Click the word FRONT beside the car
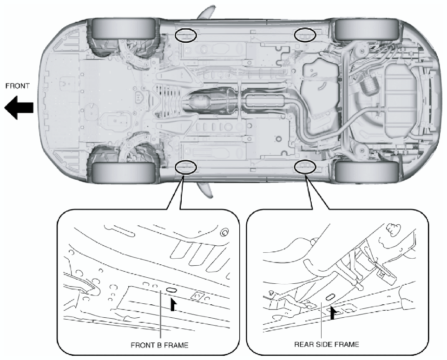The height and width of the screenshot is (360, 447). pyautogui.click(x=18, y=86)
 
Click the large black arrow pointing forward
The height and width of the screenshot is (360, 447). pyautogui.click(x=19, y=107)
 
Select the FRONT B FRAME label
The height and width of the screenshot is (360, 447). pyautogui.click(x=160, y=345)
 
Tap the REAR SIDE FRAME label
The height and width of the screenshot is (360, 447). pyautogui.click(x=326, y=344)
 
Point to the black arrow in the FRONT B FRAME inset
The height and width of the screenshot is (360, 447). pyautogui.click(x=173, y=304)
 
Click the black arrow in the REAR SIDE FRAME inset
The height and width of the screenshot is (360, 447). pyautogui.click(x=333, y=313)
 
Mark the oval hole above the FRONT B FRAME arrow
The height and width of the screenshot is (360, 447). pyautogui.click(x=171, y=290)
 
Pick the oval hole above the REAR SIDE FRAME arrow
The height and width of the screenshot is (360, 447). pyautogui.click(x=330, y=296)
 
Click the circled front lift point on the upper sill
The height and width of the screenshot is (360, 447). pyautogui.click(x=185, y=35)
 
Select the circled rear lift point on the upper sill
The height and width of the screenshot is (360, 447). pyautogui.click(x=305, y=35)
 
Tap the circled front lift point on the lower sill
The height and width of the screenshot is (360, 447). pyautogui.click(x=185, y=166)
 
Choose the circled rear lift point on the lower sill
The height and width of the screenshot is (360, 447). pyautogui.click(x=305, y=166)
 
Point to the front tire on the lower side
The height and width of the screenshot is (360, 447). pyautogui.click(x=123, y=172)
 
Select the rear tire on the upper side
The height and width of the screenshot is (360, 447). pyautogui.click(x=367, y=29)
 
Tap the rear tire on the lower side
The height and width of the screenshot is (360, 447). pyautogui.click(x=367, y=172)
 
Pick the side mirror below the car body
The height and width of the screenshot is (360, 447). pyautogui.click(x=205, y=190)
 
